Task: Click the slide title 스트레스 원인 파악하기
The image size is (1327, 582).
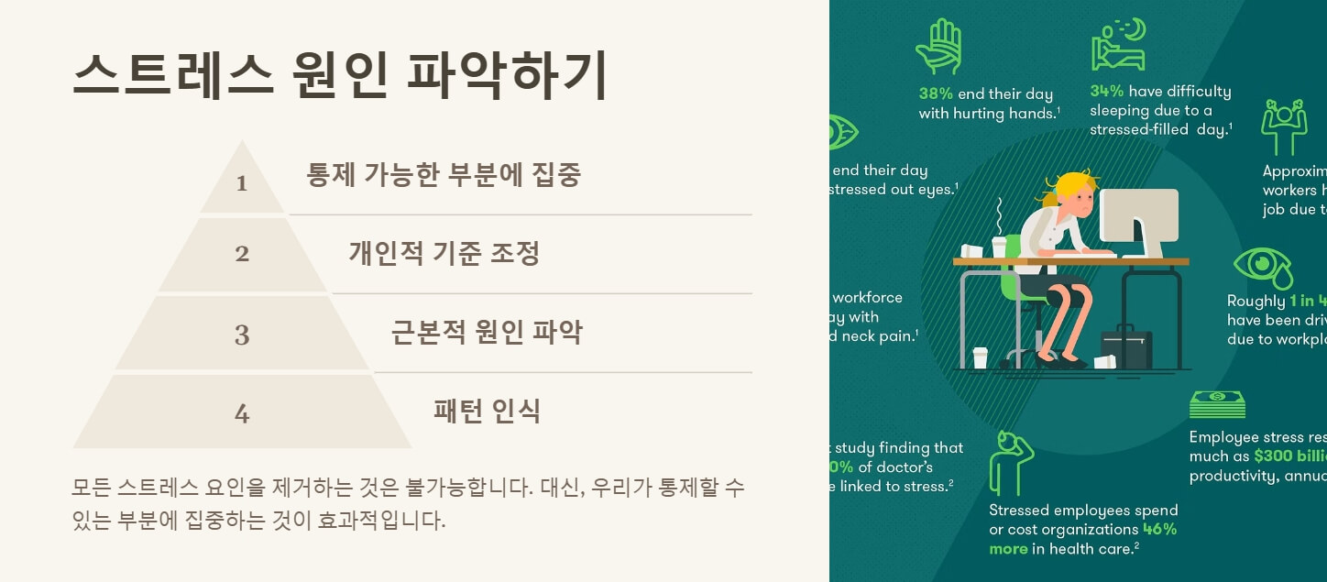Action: pyautogui.click(x=339, y=75)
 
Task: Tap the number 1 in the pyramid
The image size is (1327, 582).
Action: pyautogui.click(x=242, y=183)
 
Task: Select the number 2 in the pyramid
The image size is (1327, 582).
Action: pyautogui.click(x=242, y=254)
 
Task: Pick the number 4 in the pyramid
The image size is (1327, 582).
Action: pyautogui.click(x=242, y=414)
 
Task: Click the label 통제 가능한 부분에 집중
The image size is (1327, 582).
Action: pyautogui.click(x=444, y=174)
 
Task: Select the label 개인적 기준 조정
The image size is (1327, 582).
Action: pyautogui.click(x=444, y=253)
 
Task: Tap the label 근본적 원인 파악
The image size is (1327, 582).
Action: pyautogui.click(x=487, y=332)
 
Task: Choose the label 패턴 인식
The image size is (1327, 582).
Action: pyautogui.click(x=487, y=411)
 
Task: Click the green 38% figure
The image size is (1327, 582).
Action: pyautogui.click(x=936, y=93)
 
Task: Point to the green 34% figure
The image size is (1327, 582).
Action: pyautogui.click(x=1107, y=91)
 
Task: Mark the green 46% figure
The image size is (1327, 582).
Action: pyautogui.click(x=1160, y=529)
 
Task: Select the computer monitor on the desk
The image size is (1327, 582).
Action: pyautogui.click(x=1138, y=220)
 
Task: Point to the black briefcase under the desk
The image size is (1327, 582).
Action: pyautogui.click(x=1125, y=348)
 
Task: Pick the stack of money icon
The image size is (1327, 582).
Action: pyautogui.click(x=1217, y=404)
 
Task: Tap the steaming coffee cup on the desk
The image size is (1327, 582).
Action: pyautogui.click(x=999, y=245)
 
